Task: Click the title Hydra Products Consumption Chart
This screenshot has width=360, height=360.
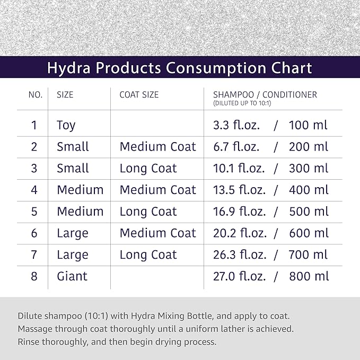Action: pos(180,68)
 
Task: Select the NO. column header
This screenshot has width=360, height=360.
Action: pos(35,95)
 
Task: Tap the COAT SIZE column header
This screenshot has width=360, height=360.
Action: pos(139,95)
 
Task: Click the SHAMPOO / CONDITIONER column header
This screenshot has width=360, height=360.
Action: pos(261,95)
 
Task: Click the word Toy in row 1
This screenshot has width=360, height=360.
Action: pos(66,125)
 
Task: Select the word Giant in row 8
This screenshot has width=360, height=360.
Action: pos(72,276)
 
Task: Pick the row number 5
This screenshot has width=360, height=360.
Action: pos(34,212)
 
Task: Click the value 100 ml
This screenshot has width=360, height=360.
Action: pos(308,125)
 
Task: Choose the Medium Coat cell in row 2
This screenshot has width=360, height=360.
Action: pos(157,147)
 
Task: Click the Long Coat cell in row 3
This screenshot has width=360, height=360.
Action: pos(148,169)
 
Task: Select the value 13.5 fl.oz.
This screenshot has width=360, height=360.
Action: pos(235,190)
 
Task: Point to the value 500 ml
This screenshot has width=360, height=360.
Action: pos(308,212)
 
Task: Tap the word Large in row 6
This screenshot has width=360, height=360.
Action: pos(73,233)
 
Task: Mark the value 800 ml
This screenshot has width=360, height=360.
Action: pos(308,276)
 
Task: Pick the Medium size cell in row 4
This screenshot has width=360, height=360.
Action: pos(80,190)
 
